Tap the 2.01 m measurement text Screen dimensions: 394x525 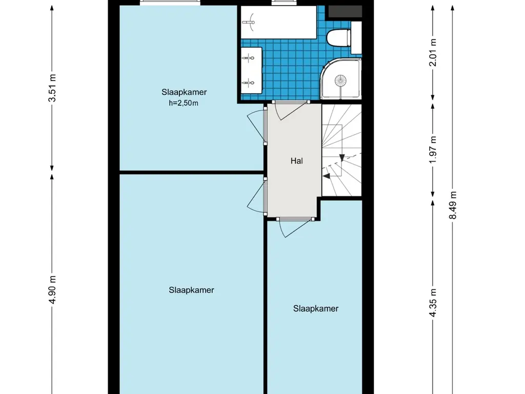tap(433, 53)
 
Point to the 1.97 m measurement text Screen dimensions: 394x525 tap(433, 149)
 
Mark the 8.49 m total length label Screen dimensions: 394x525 tap(452, 205)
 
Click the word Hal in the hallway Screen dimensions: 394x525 tap(296, 161)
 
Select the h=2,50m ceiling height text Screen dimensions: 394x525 tap(184, 103)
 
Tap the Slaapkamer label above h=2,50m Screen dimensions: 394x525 tap(184, 92)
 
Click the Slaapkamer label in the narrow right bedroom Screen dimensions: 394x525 tap(316, 308)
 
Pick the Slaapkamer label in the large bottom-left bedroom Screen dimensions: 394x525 tap(191, 290)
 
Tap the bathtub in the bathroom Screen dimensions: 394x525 tap(279, 22)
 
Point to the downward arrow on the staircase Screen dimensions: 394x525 tap(341, 157)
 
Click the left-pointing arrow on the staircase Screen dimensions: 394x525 tap(326, 175)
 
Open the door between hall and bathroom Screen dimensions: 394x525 tap(290, 109)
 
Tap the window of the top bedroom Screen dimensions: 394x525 tap(170, 3)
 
